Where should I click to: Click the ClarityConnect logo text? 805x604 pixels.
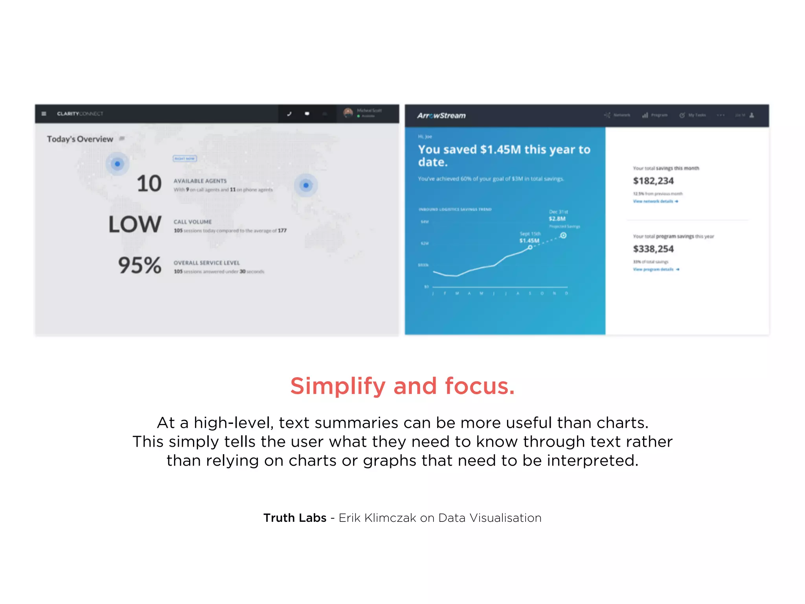[80, 114]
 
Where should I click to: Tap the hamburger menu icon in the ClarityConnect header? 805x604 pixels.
[44, 114]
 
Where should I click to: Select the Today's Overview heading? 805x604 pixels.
[80, 139]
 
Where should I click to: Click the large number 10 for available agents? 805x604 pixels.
[149, 184]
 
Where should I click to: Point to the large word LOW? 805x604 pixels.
[135, 225]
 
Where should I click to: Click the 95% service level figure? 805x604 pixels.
[140, 265]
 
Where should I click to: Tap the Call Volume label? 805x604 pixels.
[193, 222]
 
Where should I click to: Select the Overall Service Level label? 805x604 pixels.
[206, 263]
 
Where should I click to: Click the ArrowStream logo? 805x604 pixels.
[441, 116]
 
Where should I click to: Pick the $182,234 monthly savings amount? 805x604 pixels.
[653, 181]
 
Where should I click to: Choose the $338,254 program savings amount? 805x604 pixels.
[653, 249]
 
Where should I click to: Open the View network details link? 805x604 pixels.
[655, 201]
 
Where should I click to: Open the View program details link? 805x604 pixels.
[656, 269]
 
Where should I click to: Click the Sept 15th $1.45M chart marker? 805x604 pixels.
[530, 247]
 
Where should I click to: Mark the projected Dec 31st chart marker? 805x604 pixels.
[563, 236]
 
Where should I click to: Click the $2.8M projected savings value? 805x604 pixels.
[557, 219]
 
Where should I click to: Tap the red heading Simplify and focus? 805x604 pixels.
[402, 386]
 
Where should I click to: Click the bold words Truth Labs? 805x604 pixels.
[295, 518]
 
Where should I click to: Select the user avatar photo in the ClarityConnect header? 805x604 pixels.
[348, 113]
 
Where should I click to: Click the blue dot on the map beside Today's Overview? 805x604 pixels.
[117, 164]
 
